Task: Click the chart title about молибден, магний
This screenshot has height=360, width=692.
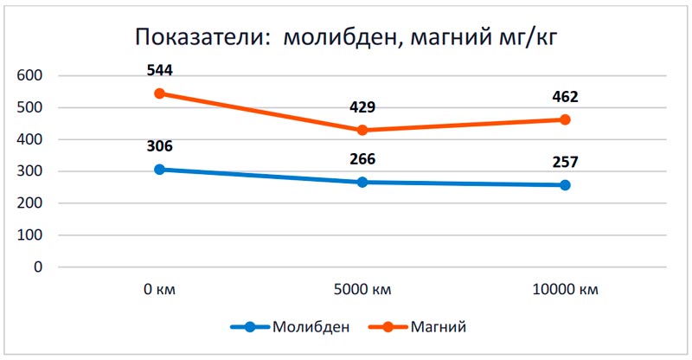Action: (349, 38)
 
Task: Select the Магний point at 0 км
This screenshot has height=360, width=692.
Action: (159, 93)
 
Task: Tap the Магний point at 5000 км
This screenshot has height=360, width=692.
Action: (362, 130)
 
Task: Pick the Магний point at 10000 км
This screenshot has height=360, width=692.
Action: (565, 119)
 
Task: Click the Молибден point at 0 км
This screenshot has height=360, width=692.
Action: (159, 170)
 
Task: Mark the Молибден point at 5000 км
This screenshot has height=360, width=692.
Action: (362, 182)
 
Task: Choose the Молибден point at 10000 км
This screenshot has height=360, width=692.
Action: (565, 184)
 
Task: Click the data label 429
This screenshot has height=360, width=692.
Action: (362, 107)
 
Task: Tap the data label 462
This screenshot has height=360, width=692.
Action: (565, 97)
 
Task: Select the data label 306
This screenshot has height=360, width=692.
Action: (159, 146)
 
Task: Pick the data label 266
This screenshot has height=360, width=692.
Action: (362, 159)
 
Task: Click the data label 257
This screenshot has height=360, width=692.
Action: (565, 162)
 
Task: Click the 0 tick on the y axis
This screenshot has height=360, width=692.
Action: (38, 267)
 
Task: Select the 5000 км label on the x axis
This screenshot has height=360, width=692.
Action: (362, 289)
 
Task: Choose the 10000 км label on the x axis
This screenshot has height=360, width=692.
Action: (565, 289)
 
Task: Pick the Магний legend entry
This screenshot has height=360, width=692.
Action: (422, 327)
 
